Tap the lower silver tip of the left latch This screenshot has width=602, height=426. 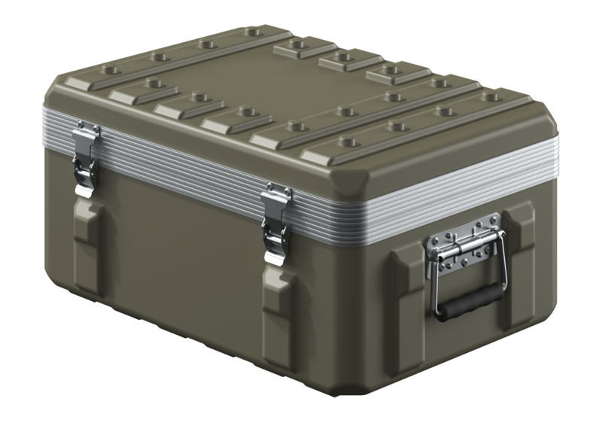84,188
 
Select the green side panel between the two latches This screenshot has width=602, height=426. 181,241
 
